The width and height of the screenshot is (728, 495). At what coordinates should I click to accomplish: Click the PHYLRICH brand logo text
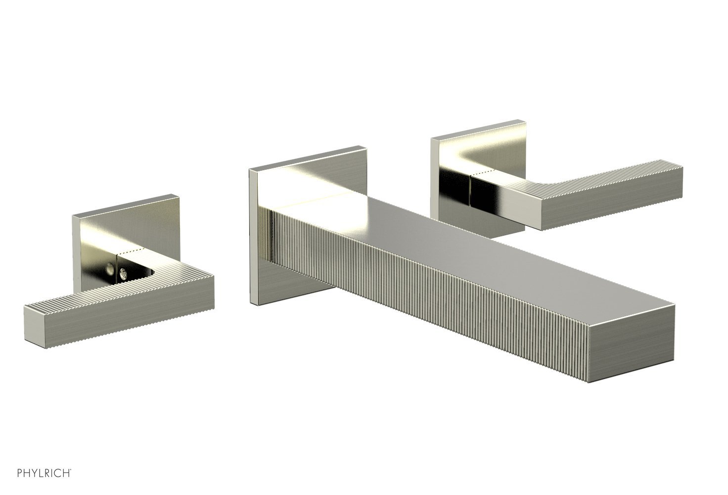click(x=44, y=473)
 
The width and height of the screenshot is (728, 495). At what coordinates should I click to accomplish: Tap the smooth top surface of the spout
click(x=471, y=257)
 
